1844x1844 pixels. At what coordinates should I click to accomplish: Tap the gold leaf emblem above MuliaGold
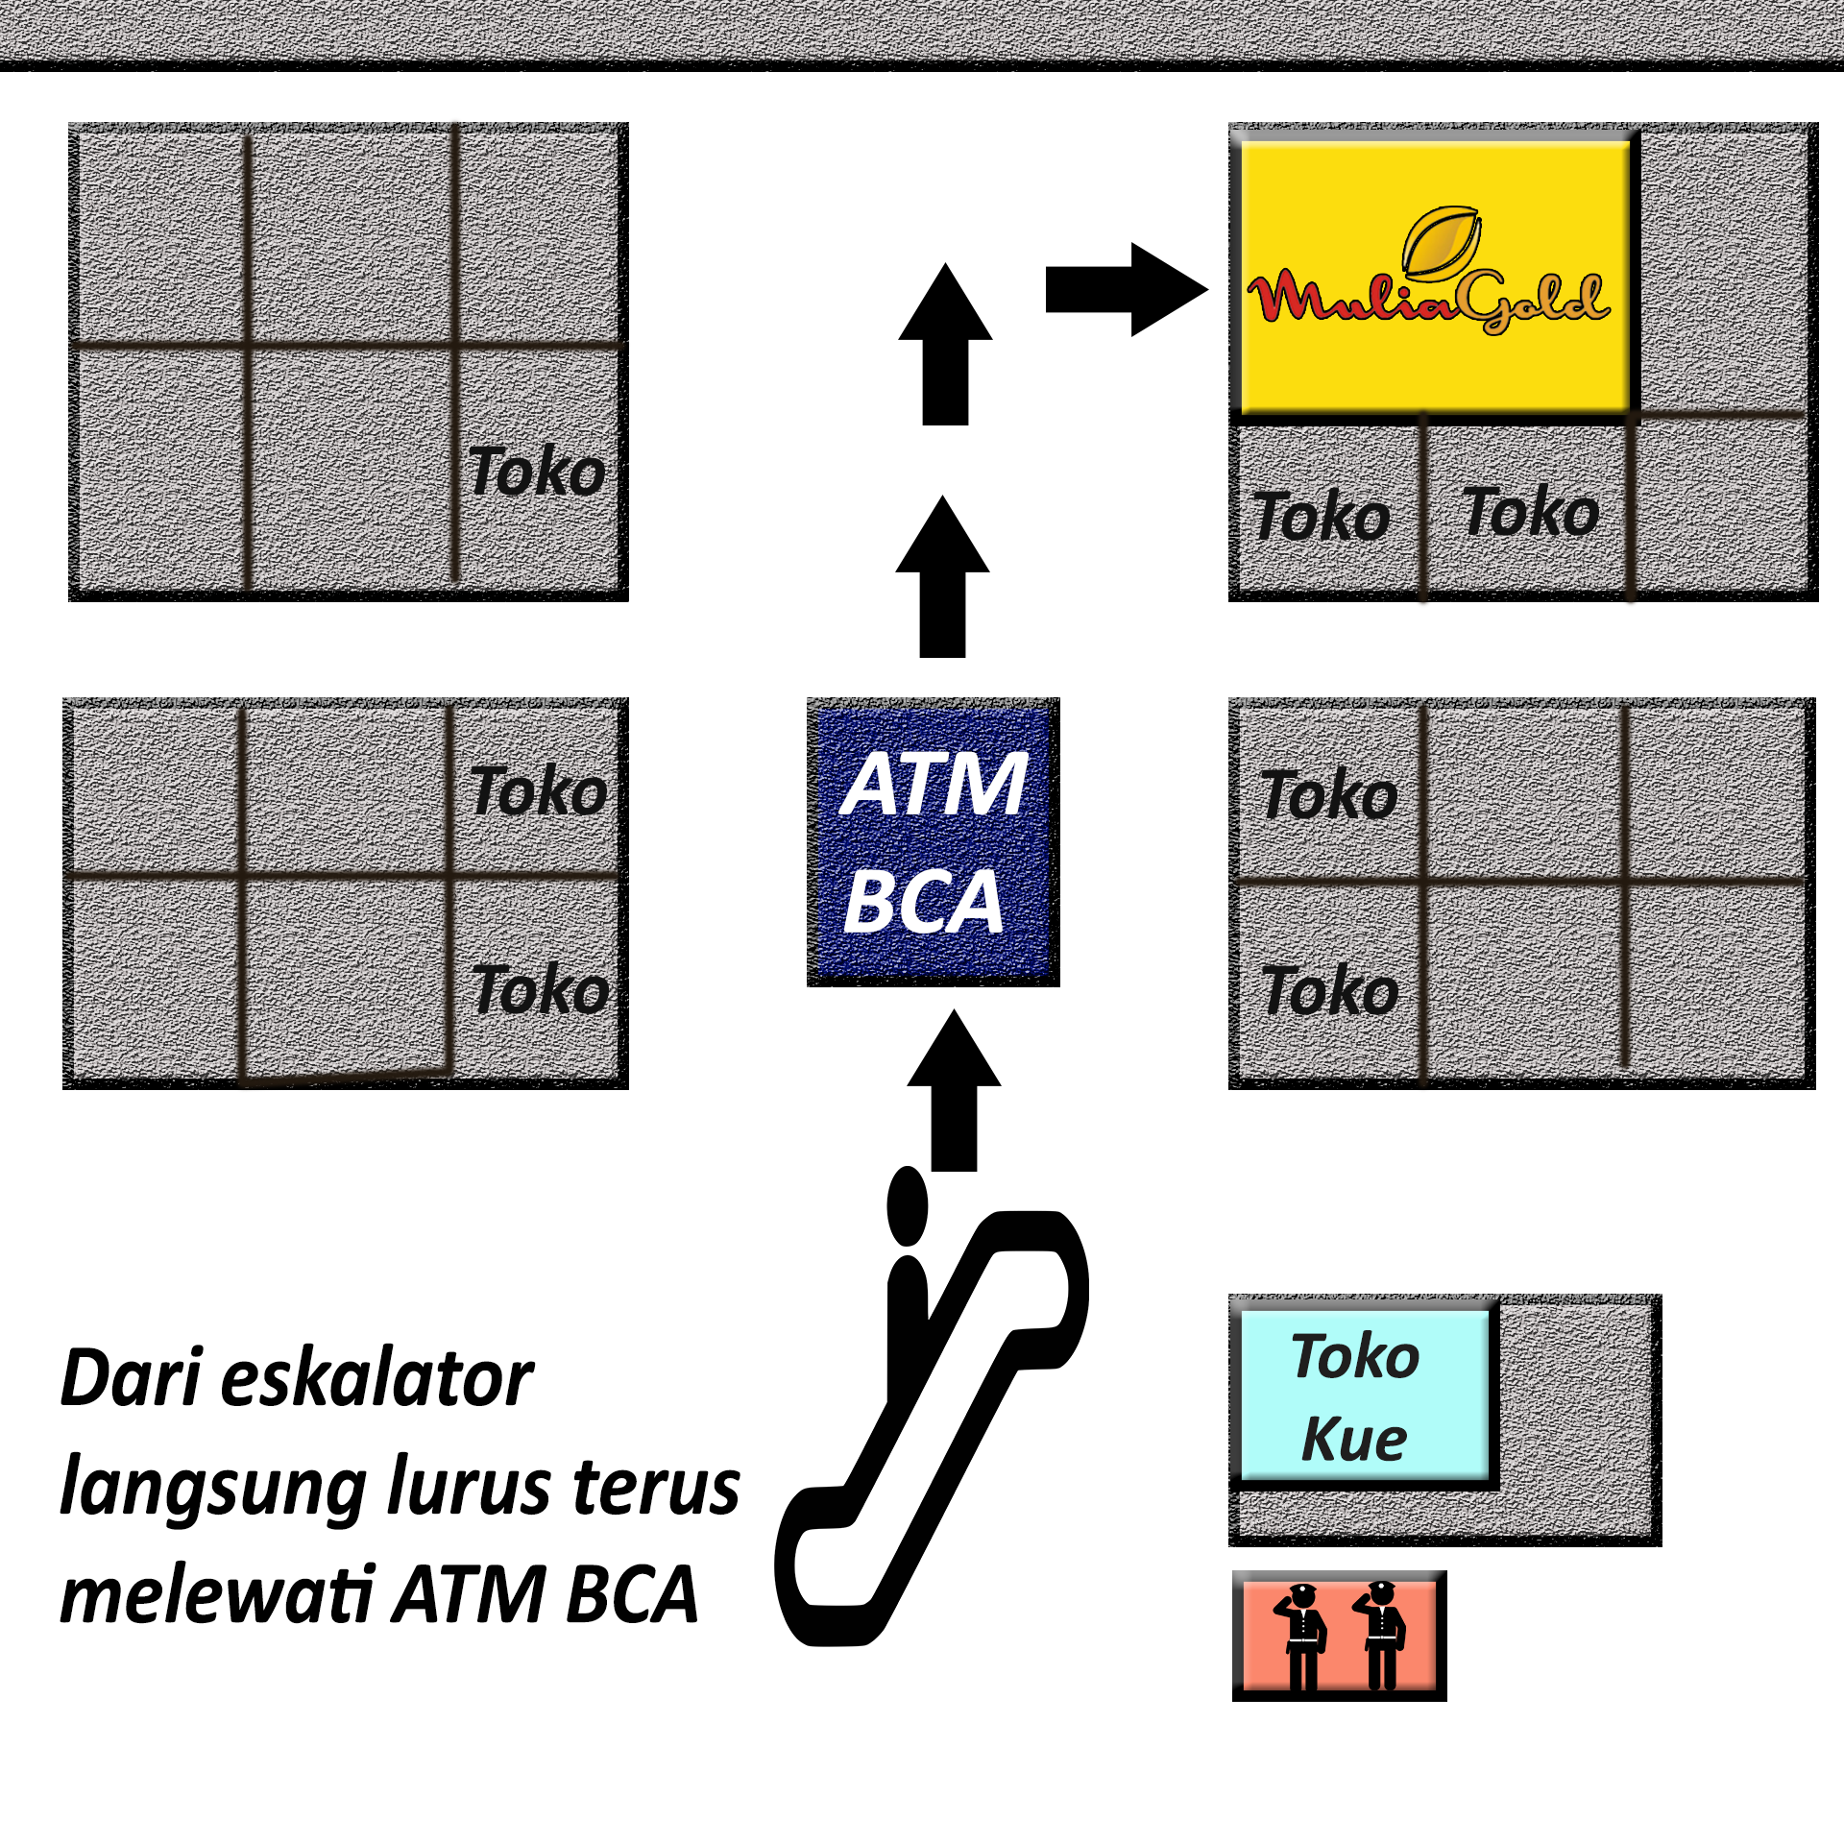click(x=1441, y=240)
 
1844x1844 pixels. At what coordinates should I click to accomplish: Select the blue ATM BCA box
click(x=933, y=841)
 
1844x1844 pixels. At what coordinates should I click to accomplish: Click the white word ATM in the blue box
click(x=934, y=785)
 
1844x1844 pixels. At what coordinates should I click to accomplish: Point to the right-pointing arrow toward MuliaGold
click(x=1126, y=289)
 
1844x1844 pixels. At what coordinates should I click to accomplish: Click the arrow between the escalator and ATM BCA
click(x=954, y=1090)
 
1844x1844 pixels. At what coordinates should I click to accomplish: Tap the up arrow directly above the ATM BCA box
click(x=942, y=577)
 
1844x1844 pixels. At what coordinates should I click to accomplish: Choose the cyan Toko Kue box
click(x=1364, y=1395)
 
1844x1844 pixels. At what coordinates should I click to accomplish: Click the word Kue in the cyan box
click(x=1354, y=1439)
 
